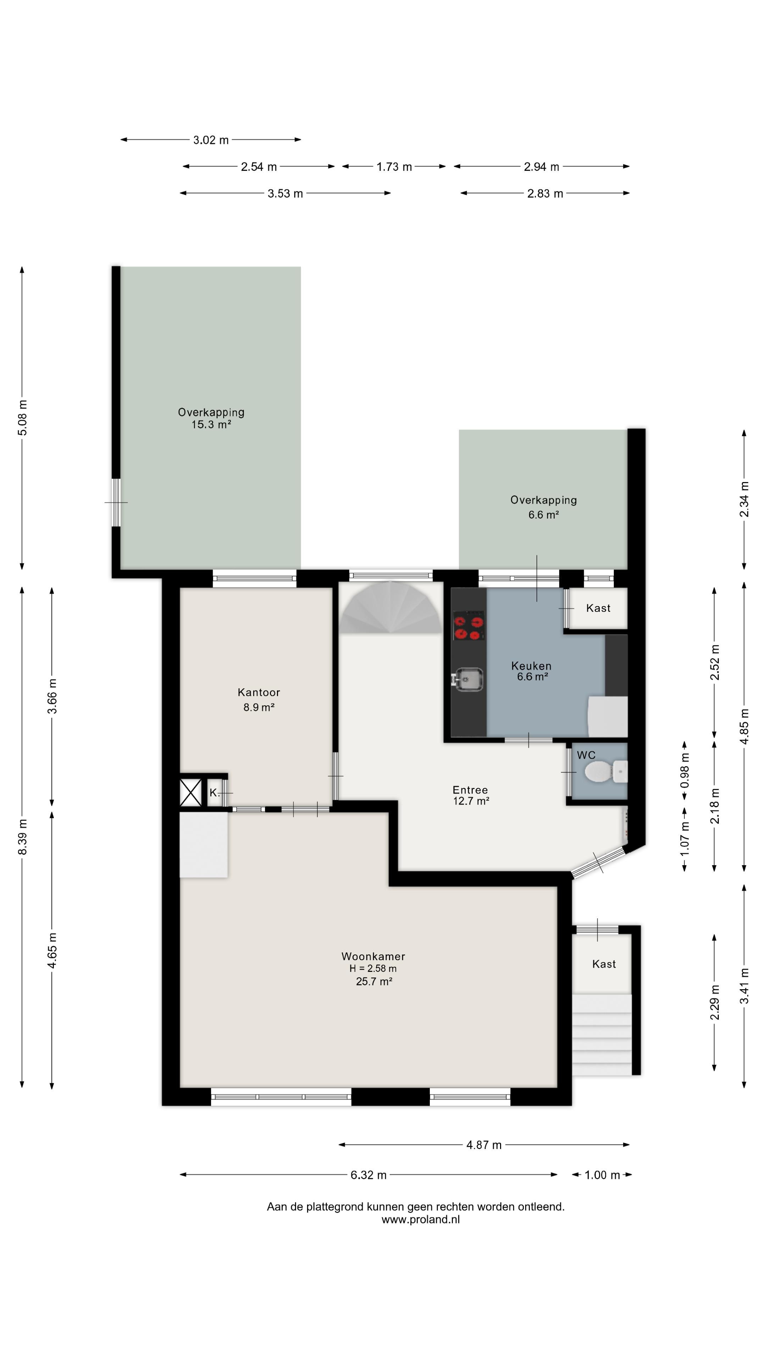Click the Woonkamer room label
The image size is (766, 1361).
(x=373, y=956)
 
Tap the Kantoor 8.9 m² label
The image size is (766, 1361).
(x=259, y=700)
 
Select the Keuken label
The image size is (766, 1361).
(x=531, y=666)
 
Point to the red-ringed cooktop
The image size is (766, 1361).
(x=468, y=626)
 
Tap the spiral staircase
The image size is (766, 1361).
(x=391, y=607)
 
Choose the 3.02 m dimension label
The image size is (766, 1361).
(x=211, y=140)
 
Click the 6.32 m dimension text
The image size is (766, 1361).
(x=368, y=1175)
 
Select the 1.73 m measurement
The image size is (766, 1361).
(x=394, y=167)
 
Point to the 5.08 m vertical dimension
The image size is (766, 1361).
(x=22, y=418)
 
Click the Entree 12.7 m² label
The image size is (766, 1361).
(x=471, y=795)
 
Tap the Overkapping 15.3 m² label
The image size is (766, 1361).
(x=211, y=418)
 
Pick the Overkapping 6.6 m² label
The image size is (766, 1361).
(x=543, y=507)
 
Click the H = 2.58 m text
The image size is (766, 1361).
(x=373, y=968)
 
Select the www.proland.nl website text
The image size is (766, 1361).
(x=421, y=1219)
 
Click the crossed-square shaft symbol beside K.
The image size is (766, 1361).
(x=191, y=792)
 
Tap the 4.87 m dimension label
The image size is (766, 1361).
(x=484, y=1145)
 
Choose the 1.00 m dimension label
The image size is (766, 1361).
(x=602, y=1175)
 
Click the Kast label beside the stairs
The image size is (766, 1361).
(x=604, y=964)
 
